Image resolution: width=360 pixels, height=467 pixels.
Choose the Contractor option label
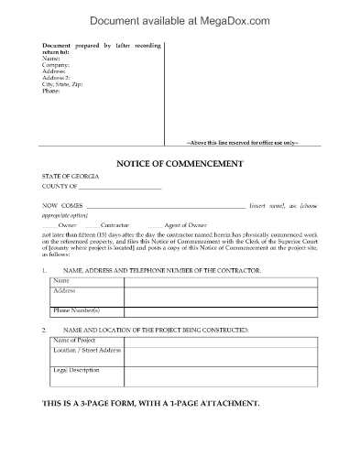point(115,223)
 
